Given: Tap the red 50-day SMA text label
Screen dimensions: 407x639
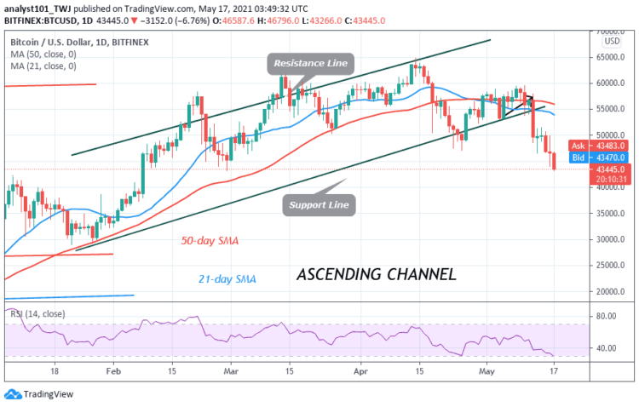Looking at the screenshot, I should click(209, 241).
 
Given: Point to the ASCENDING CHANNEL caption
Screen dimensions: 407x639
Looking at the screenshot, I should click(376, 275).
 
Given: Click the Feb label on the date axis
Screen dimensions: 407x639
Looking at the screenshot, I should click(112, 372).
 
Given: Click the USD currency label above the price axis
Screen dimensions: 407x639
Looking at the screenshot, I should click(610, 40).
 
